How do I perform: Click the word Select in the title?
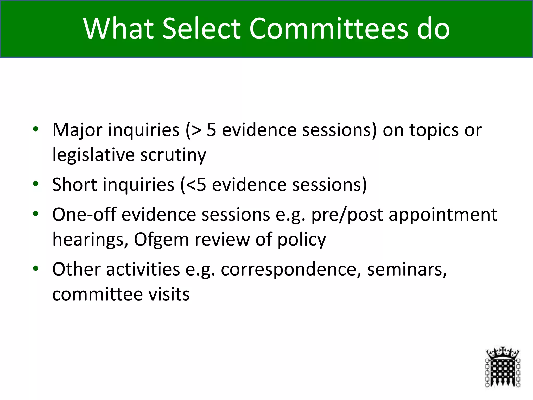coord(202,28)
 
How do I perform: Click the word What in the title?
coord(119,28)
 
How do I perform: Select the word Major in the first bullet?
coord(77,130)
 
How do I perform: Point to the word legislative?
coord(93,155)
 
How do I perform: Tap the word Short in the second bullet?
coord(74,185)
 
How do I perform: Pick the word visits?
coord(169,294)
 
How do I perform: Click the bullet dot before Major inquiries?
coord(36,129)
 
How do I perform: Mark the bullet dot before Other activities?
coord(36,268)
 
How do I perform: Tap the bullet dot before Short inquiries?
coord(36,184)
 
